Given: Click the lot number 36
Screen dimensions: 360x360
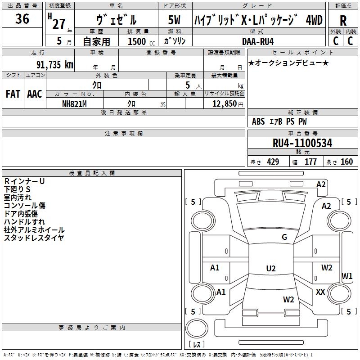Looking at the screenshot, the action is pos(22,19).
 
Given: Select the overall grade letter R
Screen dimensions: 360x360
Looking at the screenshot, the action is pos(343,21).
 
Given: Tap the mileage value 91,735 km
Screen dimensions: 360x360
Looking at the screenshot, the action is pos(55,65).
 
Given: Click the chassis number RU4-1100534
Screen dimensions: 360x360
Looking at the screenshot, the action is pos(302,143).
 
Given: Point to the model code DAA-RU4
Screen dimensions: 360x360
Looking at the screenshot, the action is pos(258,41).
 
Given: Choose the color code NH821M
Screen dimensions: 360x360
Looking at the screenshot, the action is pos(74,104).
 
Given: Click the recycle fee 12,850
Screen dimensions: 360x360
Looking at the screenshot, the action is pos(224,104).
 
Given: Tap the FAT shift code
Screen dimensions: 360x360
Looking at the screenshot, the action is pos(13,94).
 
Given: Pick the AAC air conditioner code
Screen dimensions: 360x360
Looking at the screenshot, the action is pos(35,94).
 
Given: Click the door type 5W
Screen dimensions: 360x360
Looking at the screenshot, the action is pos(174,20).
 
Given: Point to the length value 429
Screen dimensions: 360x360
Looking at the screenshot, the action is pos(273,162).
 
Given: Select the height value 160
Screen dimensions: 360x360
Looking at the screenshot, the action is pos(346,162).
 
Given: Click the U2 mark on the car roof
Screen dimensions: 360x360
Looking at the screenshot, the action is pos(271,268).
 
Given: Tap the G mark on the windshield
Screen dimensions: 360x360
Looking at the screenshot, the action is pos(284,237).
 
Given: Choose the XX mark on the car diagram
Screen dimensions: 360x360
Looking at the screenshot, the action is pos(320,292).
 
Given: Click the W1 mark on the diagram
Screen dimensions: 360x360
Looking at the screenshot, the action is pos(346,276).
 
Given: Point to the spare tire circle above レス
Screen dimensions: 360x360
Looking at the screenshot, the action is pos(197,328).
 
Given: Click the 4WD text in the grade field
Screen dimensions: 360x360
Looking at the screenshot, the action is pos(314,20).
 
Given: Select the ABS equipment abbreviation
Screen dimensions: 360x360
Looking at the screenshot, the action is pos(258,121).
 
